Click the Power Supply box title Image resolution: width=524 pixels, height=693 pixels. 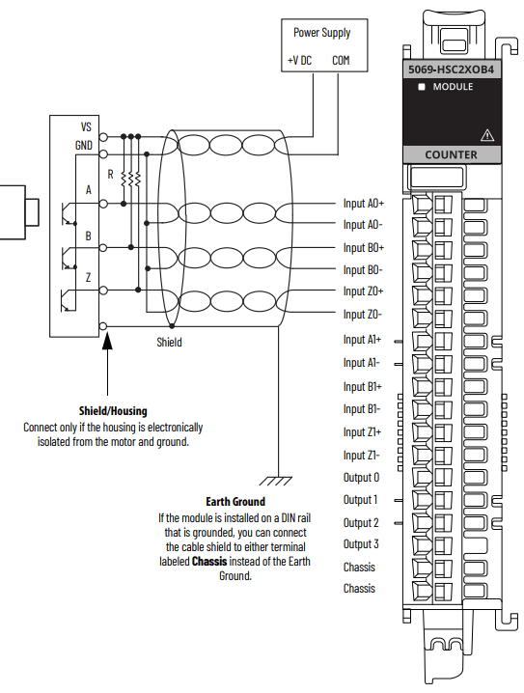click(321, 33)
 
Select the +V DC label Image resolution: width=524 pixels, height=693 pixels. click(299, 61)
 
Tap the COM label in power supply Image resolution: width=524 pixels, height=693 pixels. click(341, 61)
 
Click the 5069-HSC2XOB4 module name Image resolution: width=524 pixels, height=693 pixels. click(451, 69)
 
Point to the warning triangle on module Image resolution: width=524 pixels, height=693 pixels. click(486, 134)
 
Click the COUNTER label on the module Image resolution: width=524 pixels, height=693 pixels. click(451, 154)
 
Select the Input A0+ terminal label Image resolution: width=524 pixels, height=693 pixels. click(363, 204)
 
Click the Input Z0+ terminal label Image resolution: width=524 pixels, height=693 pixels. click(363, 291)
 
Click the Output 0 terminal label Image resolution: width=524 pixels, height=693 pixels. click(361, 477)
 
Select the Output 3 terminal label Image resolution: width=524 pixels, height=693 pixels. click(361, 544)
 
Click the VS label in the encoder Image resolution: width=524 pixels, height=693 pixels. click(86, 126)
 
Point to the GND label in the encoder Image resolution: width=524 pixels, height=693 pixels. click(84, 145)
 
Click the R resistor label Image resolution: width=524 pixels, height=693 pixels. click(111, 175)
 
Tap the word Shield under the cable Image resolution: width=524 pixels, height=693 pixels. click(169, 342)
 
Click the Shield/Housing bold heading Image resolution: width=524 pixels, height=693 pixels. click(113, 411)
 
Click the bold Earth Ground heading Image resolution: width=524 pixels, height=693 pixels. click(235, 502)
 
